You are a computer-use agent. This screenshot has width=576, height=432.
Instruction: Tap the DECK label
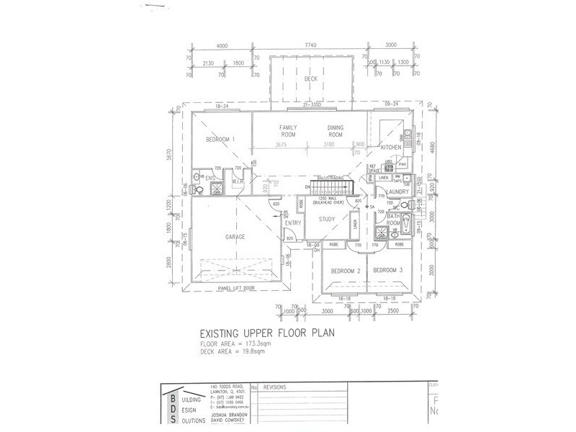pos(311,79)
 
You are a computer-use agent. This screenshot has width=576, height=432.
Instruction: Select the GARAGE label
pos(235,237)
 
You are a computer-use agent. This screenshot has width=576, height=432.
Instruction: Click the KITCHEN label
pos(381,148)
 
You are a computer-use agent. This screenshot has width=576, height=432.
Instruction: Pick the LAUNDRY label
pos(397,191)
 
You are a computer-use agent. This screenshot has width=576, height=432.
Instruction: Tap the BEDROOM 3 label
pos(388,271)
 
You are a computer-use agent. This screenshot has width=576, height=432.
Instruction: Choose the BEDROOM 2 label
pos(345,271)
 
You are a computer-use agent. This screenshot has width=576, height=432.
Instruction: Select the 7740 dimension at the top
pos(311,46)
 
